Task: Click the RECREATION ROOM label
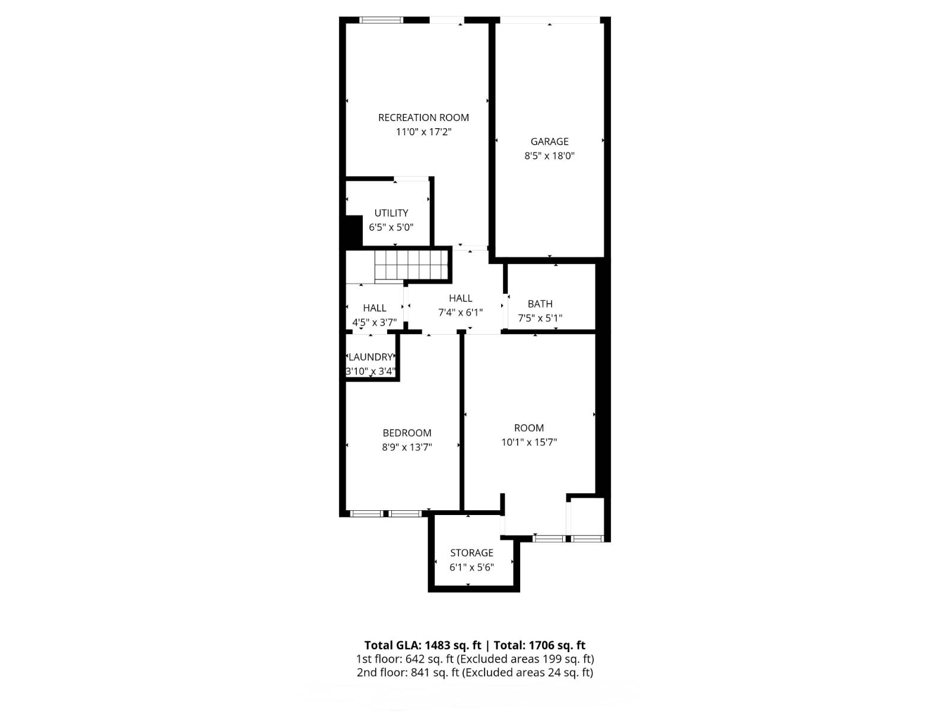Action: [x=423, y=117]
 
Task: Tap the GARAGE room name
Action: [x=549, y=141]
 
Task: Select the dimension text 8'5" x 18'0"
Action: [x=549, y=155]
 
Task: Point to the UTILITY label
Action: [x=391, y=213]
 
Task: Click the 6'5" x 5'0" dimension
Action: [x=391, y=227]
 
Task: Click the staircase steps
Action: [x=410, y=265]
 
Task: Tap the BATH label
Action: [x=540, y=304]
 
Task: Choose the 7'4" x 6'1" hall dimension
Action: [x=460, y=313]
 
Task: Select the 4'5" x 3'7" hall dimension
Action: [x=375, y=323]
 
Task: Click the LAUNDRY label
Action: [x=370, y=357]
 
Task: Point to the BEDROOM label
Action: [x=407, y=433]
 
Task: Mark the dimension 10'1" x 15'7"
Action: [x=529, y=442]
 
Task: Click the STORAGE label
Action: [x=471, y=553]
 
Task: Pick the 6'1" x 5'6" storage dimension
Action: [x=471, y=567]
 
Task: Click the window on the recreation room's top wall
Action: [x=381, y=20]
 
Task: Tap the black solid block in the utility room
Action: [x=354, y=231]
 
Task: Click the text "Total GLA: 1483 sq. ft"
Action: [x=422, y=646]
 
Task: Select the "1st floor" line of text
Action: [x=475, y=659]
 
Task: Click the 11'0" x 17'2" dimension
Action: [x=423, y=132]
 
